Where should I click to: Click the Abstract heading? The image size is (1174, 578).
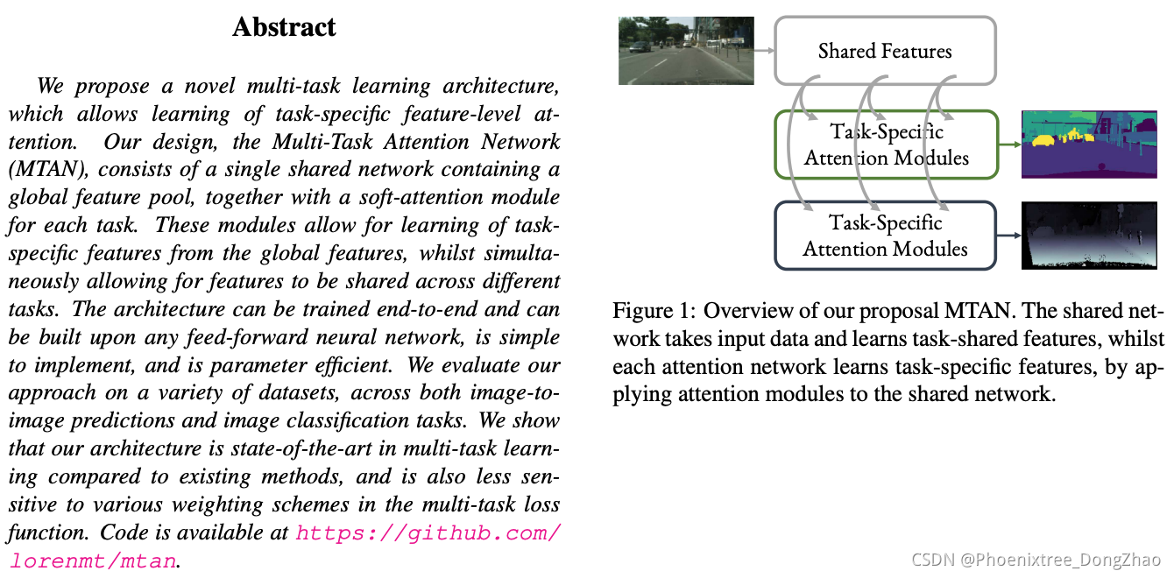284,27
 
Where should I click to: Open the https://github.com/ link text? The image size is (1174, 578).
428,532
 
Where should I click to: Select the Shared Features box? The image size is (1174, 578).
885,51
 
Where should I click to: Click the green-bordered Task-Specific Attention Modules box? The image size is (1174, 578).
886,144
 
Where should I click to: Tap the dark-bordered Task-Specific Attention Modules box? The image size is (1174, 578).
886,236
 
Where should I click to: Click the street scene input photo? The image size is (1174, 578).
686,50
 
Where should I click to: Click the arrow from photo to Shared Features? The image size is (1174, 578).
764,51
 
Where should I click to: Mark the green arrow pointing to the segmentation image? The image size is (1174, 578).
1009,144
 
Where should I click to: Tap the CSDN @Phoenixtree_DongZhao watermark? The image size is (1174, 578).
1036,560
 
